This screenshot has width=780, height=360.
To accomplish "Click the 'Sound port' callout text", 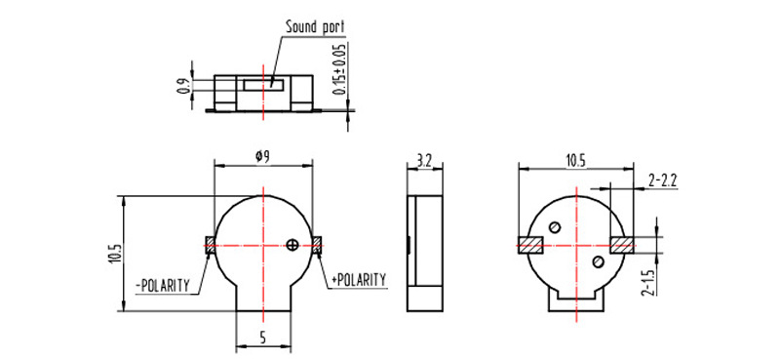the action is [x=315, y=26].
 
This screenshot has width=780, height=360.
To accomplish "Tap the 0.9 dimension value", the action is [x=182, y=87].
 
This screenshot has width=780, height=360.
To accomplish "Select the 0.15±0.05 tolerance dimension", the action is [x=340, y=69].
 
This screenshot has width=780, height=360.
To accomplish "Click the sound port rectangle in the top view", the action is [x=263, y=85].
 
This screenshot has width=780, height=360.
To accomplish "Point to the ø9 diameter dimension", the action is [x=262, y=157].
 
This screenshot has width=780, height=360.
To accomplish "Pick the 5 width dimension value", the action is [x=262, y=339].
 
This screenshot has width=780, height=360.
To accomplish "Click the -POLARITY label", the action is [x=163, y=286].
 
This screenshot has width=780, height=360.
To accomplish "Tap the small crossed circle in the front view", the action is [x=292, y=245].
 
